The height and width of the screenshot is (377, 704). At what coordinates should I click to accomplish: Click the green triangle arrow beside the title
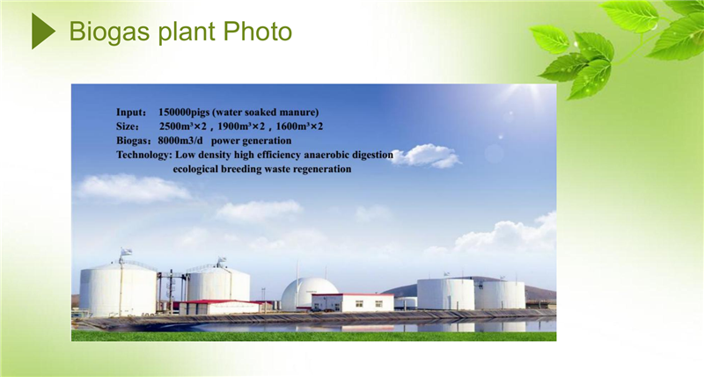tap(42, 31)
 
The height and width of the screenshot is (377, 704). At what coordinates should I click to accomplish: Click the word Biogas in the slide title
tap(109, 33)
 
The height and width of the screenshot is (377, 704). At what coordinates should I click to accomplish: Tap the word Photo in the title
tap(257, 31)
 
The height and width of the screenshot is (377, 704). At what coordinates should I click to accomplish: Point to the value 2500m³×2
tap(183, 127)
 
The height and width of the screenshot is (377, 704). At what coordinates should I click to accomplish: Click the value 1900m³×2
tap(241, 127)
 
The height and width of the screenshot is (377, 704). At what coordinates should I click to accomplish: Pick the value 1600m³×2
tap(299, 127)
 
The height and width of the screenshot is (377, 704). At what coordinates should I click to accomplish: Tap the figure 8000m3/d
tap(180, 141)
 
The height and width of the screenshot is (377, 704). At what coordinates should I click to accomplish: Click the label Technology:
tap(144, 155)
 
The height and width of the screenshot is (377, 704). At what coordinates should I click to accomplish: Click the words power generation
tap(251, 141)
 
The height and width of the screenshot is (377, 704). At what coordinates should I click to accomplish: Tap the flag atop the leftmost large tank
tap(126, 251)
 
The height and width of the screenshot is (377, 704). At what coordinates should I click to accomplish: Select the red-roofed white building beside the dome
tap(353, 302)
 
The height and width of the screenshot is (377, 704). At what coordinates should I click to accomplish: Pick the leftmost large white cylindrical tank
tap(118, 289)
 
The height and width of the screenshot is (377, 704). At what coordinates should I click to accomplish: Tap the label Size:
tap(128, 127)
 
